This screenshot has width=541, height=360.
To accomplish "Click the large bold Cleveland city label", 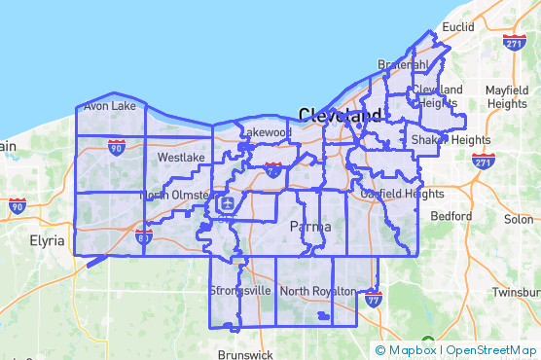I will (x=340, y=115).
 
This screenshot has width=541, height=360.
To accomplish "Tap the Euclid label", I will (x=456, y=27).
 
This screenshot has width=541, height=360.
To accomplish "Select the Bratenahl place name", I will (x=403, y=64).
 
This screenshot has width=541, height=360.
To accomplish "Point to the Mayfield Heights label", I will (x=507, y=96).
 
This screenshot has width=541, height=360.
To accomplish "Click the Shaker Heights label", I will (x=451, y=139).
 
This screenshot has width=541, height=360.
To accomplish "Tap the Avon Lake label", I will (x=110, y=106).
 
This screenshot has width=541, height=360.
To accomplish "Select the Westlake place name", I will (x=181, y=157).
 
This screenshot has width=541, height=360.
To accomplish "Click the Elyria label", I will (x=47, y=239).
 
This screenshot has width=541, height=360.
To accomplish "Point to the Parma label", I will (x=310, y=227).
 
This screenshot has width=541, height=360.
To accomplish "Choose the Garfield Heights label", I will (x=394, y=194).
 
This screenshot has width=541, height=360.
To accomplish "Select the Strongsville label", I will (x=240, y=291).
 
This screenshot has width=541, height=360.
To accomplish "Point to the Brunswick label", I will (x=246, y=355).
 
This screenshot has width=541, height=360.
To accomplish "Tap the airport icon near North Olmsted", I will (x=227, y=203).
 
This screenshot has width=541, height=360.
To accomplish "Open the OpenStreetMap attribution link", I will (x=491, y=349).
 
